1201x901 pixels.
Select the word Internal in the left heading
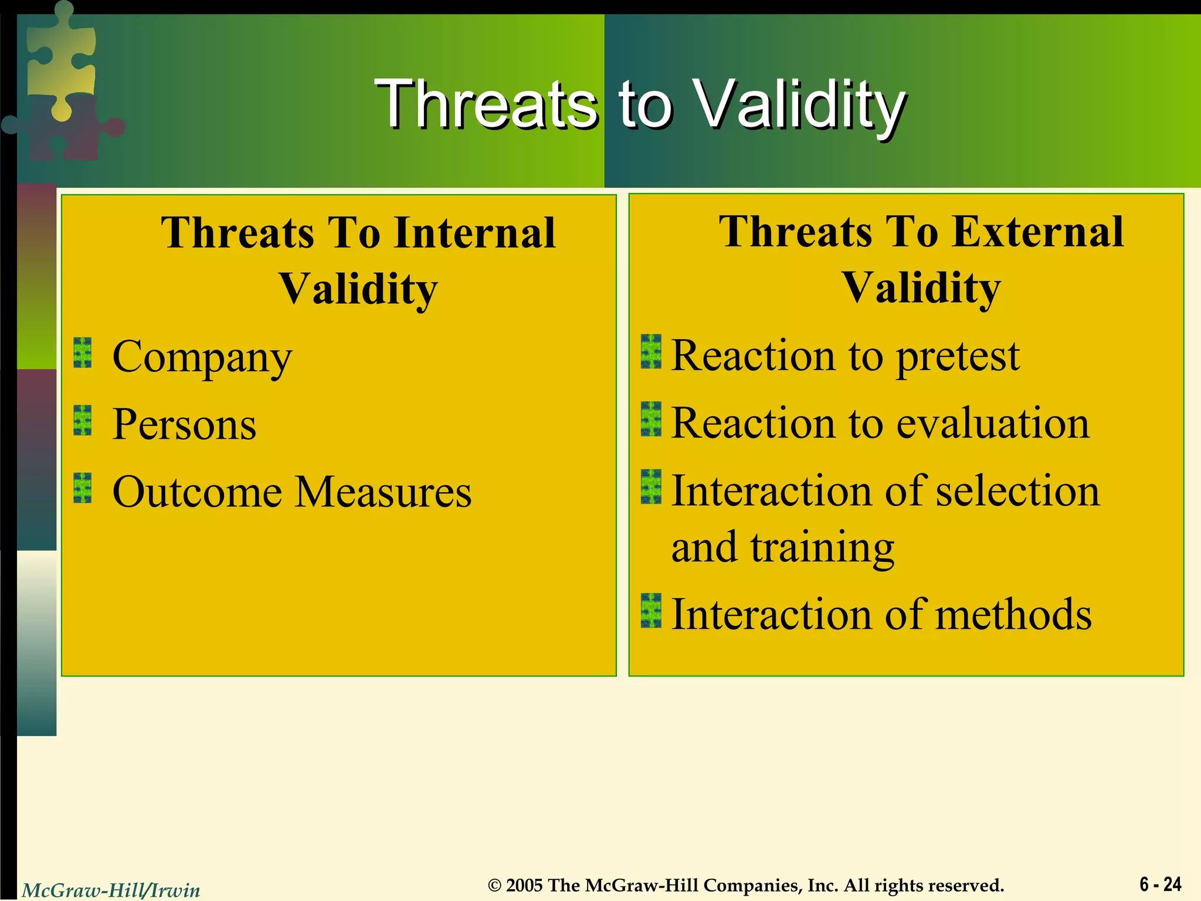tap(474, 233)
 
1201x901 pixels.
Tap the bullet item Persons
tap(184, 424)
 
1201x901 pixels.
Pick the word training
tap(822, 547)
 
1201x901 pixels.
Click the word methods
tap(1013, 614)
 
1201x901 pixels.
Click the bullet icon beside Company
tap(83, 353)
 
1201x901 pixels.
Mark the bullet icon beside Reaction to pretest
tap(650, 352)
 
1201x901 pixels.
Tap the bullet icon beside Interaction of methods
tap(650, 611)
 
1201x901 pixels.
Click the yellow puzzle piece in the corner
tap(62, 59)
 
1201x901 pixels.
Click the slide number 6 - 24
tap(1160, 884)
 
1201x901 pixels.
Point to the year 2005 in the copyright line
tap(524, 885)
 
